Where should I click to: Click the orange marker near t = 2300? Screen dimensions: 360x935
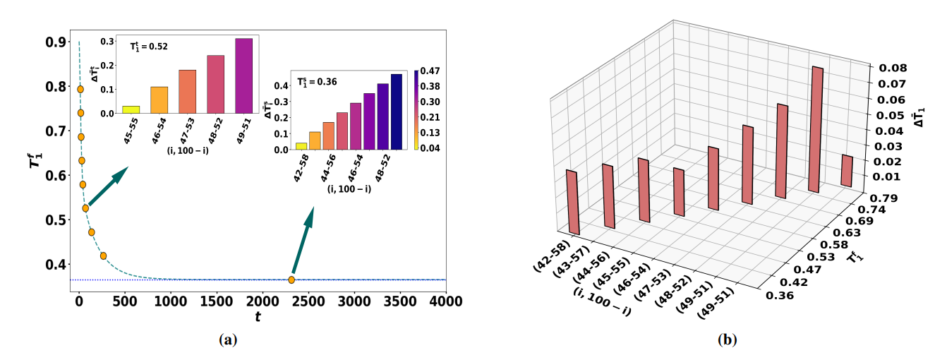click(291, 280)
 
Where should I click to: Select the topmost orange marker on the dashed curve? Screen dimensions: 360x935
click(80, 89)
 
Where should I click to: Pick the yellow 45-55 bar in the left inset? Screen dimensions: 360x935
click(131, 109)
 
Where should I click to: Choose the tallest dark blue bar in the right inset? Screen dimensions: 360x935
click(396, 112)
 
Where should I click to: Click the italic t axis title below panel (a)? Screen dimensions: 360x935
click(258, 318)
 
